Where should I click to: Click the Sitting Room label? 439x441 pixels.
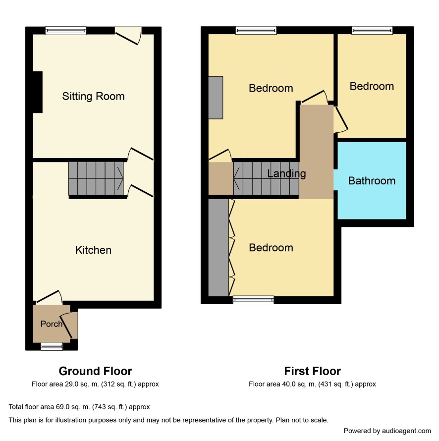93,97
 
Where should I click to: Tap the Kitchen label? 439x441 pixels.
93,250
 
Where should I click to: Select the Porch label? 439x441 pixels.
51,324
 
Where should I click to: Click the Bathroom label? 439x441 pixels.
372,180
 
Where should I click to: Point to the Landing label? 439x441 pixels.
286,173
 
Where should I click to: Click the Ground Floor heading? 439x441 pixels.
95,371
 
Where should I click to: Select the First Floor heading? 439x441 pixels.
313,371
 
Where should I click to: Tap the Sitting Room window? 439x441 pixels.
66,30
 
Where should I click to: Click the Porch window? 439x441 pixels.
52,346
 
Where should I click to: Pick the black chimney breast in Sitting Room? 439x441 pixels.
38,92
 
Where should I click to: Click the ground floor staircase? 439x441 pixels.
96,178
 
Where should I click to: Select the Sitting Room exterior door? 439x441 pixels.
128,36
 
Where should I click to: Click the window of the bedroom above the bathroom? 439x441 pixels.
372,30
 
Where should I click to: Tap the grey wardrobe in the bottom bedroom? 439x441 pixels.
219,247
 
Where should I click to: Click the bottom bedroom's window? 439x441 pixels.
253,300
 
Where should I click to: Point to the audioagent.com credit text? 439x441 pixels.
387,431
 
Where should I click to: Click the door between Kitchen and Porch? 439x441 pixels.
48,297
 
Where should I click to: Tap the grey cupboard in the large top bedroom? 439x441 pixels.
216,98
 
